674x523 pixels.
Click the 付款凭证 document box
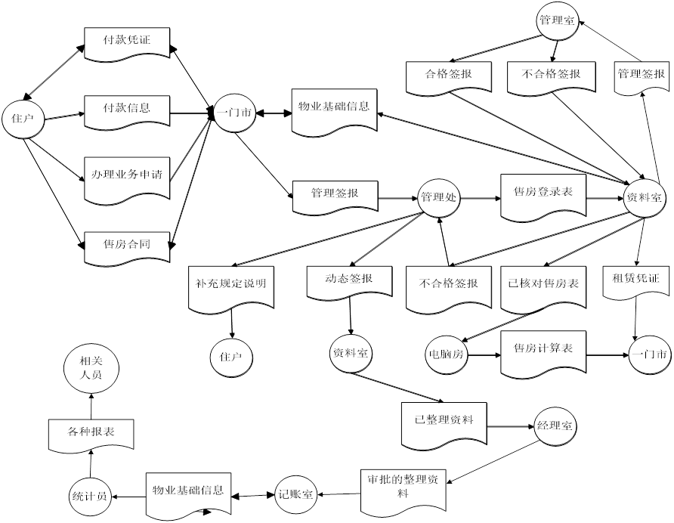[127, 43]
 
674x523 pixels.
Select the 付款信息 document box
[127, 110]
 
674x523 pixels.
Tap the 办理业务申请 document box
[127, 178]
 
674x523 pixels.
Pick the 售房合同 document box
[127, 246]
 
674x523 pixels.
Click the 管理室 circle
[556, 21]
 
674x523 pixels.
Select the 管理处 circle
[439, 198]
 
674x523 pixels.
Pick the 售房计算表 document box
[543, 354]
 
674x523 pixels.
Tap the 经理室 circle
[555, 426]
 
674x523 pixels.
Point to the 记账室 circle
[297, 494]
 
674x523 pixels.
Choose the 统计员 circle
[90, 496]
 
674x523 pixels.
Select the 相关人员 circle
[90, 367]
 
